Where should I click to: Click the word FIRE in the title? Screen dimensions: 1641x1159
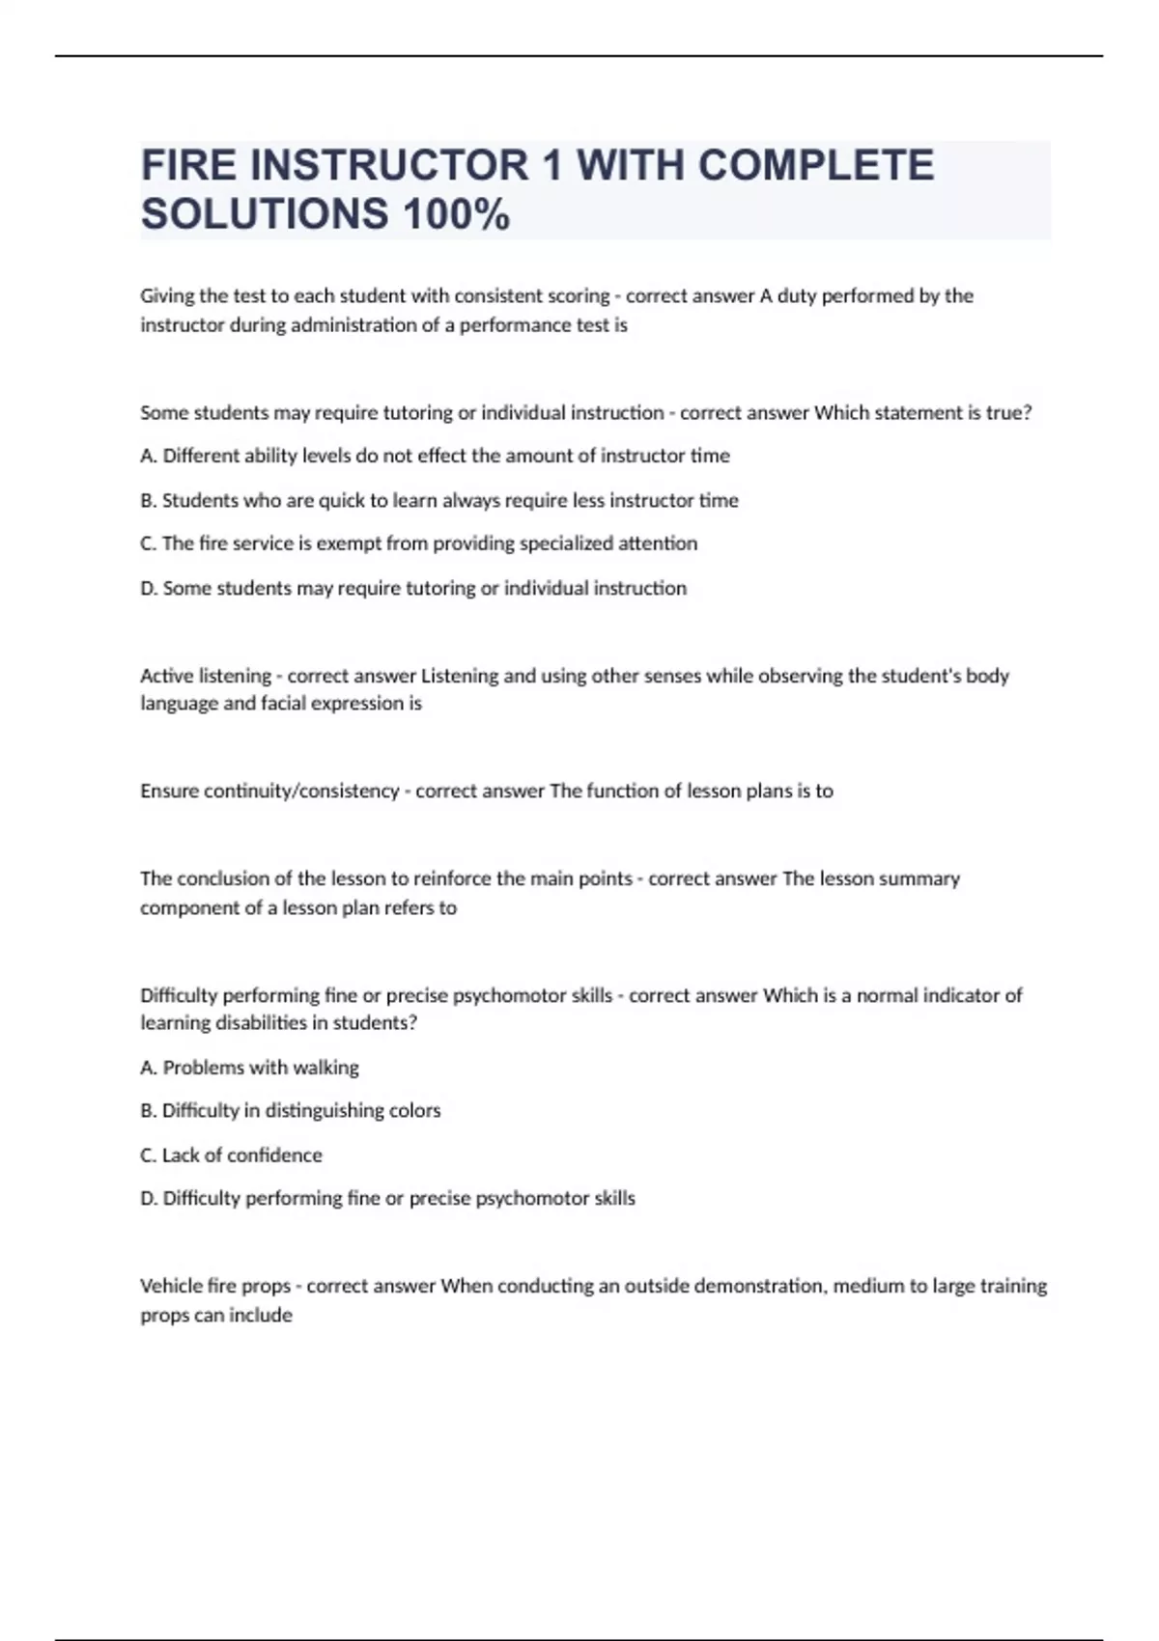[188, 165]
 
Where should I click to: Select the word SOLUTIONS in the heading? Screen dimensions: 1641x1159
[265, 214]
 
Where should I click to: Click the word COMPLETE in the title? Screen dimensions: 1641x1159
[815, 165]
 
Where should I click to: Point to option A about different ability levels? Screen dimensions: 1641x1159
[435, 456]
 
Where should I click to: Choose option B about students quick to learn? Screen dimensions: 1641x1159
[439, 500]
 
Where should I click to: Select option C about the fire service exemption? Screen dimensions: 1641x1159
[418, 543]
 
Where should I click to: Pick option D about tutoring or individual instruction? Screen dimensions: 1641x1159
[413, 588]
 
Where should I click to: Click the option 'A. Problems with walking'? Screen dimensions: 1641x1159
[249, 1068]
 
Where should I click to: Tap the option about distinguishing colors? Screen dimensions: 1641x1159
[290, 1111]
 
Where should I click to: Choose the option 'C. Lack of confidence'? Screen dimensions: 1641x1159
[231, 1155]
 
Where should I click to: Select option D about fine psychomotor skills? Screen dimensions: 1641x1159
[387, 1199]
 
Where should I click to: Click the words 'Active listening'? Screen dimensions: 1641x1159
[206, 676]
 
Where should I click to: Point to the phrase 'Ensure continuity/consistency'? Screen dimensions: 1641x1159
[269, 792]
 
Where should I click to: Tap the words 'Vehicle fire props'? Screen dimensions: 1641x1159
[215, 1287]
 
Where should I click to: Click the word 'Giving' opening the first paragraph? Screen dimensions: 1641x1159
[167, 296]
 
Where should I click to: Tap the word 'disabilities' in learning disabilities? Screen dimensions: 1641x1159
[253, 1023]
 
